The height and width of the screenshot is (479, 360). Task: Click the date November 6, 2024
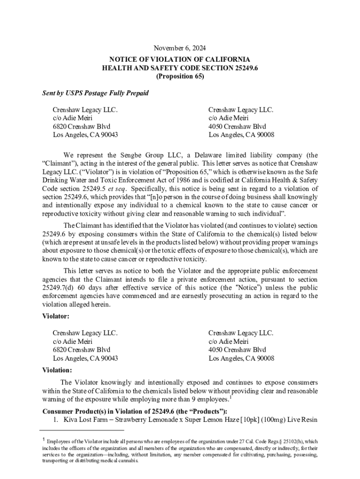click(180, 48)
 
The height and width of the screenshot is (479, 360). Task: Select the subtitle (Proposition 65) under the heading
click(180, 76)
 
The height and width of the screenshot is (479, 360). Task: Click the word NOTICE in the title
click(124, 59)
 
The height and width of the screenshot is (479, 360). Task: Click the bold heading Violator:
click(56, 317)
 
